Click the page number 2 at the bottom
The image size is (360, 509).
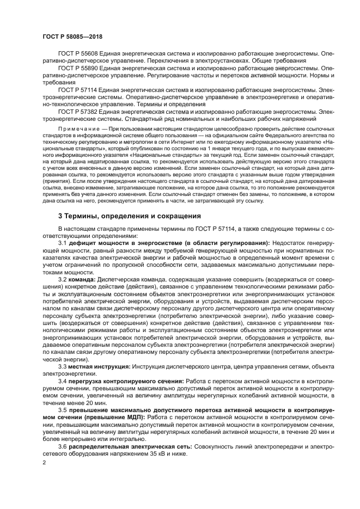coord(44,463)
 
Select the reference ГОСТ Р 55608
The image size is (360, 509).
coord(77,54)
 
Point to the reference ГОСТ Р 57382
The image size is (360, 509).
coord(77,111)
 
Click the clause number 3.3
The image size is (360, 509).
coord(63,367)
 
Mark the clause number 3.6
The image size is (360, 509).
coord(63,446)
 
